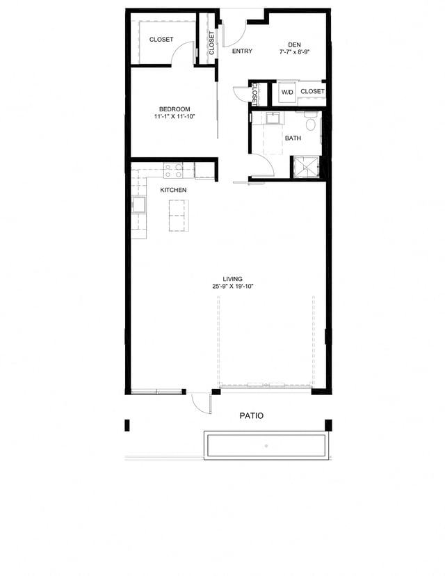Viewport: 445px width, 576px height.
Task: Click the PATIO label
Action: click(251, 415)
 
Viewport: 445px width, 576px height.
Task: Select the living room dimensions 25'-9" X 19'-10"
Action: click(227, 286)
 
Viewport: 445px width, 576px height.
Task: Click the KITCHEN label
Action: click(173, 190)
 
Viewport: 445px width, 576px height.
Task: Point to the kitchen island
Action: click(178, 216)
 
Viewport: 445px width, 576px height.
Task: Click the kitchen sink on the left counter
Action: click(139, 205)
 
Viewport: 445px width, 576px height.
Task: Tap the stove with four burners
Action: click(173, 170)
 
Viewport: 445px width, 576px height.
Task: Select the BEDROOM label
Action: click(175, 109)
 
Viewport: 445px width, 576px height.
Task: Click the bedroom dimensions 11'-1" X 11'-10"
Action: click(175, 117)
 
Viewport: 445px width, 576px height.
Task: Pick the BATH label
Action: click(293, 138)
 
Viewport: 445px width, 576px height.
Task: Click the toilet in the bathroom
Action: click(311, 125)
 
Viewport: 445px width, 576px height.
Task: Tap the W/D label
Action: click(287, 92)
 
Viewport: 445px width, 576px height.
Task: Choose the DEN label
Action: click(294, 45)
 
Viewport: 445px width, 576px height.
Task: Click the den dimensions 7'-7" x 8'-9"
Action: click(294, 52)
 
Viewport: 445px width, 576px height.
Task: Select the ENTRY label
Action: click(242, 51)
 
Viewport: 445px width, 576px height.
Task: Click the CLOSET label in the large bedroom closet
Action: click(161, 40)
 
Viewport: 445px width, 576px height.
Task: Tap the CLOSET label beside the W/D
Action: click(312, 92)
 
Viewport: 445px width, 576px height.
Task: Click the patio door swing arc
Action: click(202, 403)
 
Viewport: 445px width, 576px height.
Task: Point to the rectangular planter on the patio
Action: click(265, 445)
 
